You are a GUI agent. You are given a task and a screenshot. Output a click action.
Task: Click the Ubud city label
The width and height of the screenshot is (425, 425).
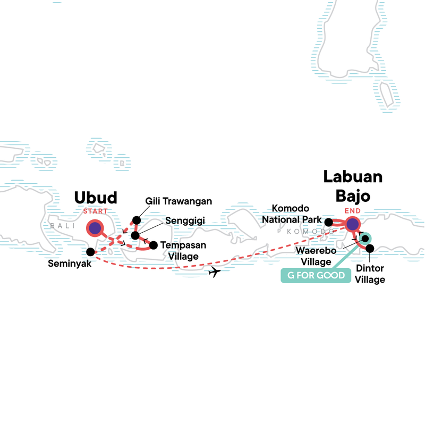tap(96, 198)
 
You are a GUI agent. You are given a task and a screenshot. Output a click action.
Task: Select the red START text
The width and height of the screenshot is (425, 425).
tap(96, 211)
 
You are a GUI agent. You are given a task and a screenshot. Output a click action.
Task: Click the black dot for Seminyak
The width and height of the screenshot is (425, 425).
tap(91, 251)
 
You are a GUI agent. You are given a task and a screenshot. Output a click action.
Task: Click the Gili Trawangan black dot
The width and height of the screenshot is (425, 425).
tap(137, 220)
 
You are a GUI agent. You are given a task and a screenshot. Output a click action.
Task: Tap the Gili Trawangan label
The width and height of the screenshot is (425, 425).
tap(179, 201)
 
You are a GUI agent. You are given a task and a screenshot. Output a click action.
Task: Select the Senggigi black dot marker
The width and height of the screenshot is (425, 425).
tap(135, 235)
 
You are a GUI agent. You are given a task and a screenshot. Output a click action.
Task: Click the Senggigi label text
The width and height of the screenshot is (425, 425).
tap(186, 219)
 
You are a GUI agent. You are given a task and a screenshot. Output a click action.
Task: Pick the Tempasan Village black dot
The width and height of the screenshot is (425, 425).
tap(154, 245)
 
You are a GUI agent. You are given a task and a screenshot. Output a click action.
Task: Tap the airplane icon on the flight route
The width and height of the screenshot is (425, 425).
tap(215, 273)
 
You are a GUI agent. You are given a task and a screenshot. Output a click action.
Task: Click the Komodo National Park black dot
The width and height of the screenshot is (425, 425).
tap(329, 222)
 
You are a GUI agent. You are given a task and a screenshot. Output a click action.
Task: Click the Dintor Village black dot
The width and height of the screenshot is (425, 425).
tap(370, 248)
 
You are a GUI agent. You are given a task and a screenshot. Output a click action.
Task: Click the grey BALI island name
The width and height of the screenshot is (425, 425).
tap(60, 226)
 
